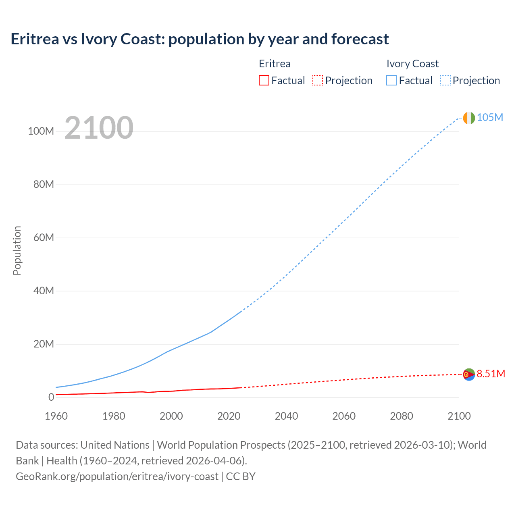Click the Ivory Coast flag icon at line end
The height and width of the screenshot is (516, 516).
[x=469, y=118]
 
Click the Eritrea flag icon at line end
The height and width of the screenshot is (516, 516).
[x=469, y=375]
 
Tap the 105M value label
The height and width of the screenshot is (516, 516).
[x=490, y=117]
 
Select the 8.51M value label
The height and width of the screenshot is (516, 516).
[x=491, y=374]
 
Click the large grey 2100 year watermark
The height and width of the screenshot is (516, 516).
[x=99, y=128]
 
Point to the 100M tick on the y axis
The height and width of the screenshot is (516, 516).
[x=41, y=131]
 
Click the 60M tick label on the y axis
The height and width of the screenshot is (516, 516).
[x=44, y=237]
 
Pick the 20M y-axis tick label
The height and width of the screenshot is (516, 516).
[x=44, y=344]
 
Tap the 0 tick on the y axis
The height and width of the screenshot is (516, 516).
[x=51, y=397]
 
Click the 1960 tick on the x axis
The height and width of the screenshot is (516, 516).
[x=56, y=416]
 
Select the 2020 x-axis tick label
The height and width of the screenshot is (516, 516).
[x=229, y=416]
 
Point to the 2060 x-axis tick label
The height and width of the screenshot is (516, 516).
[x=344, y=416]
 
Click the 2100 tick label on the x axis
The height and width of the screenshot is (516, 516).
[x=459, y=416]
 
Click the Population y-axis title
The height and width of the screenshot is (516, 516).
[x=17, y=250]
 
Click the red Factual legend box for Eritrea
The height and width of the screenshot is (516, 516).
[x=264, y=80]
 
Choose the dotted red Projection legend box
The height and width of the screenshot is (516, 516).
[x=318, y=80]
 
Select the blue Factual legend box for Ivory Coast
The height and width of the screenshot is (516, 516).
[x=391, y=80]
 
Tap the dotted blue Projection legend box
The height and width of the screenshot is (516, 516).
[x=445, y=80]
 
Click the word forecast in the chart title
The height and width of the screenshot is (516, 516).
[x=360, y=39]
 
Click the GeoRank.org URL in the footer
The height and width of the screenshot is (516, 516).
[x=117, y=476]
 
